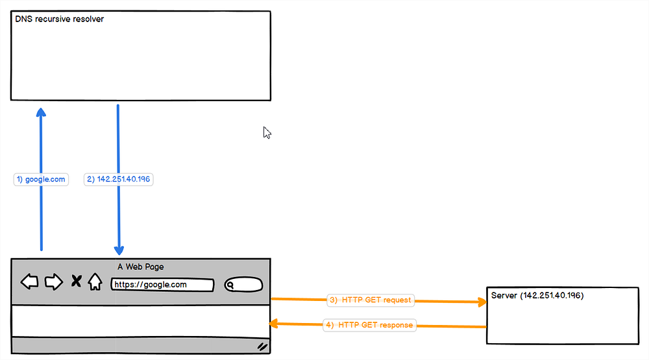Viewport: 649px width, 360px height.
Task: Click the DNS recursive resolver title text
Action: click(59, 19)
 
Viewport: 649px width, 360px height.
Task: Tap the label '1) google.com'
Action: click(41, 179)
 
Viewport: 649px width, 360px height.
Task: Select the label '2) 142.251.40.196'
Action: click(118, 179)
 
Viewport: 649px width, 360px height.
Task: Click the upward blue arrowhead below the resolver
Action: click(41, 112)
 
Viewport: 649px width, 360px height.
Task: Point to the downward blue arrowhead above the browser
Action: click(119, 250)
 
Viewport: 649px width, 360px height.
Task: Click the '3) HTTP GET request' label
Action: click(371, 300)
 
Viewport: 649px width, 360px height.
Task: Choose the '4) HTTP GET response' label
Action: click(369, 325)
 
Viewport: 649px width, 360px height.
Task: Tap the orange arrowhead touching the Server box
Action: click(482, 302)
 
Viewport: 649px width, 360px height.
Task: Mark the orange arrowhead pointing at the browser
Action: click(274, 324)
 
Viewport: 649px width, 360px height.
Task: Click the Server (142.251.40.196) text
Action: click(537, 295)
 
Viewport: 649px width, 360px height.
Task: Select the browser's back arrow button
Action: click(29, 282)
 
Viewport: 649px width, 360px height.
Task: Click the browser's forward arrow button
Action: click(54, 282)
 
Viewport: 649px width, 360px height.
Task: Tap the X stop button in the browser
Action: click(76, 281)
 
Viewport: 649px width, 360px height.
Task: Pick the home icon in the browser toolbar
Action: click(95, 282)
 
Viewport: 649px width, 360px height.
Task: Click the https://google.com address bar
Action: click(162, 285)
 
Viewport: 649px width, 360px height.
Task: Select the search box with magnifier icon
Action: click(243, 285)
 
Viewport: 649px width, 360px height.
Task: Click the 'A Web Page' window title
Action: click(141, 267)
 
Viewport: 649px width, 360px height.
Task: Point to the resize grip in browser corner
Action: click(262, 347)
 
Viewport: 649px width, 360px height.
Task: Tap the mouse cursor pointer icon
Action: click(267, 132)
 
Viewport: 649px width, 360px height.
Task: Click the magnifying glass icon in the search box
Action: click(230, 285)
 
